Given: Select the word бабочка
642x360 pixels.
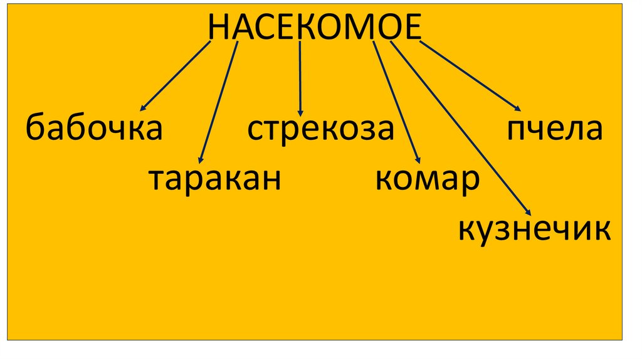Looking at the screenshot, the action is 94,129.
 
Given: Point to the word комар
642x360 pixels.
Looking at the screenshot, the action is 428,180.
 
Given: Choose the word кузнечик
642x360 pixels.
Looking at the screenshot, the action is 534,230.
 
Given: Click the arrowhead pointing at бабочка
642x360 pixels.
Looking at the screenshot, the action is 144,109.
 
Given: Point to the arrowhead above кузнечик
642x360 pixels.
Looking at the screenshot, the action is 527,213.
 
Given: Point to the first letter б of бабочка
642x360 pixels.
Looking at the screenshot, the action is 36,128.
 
